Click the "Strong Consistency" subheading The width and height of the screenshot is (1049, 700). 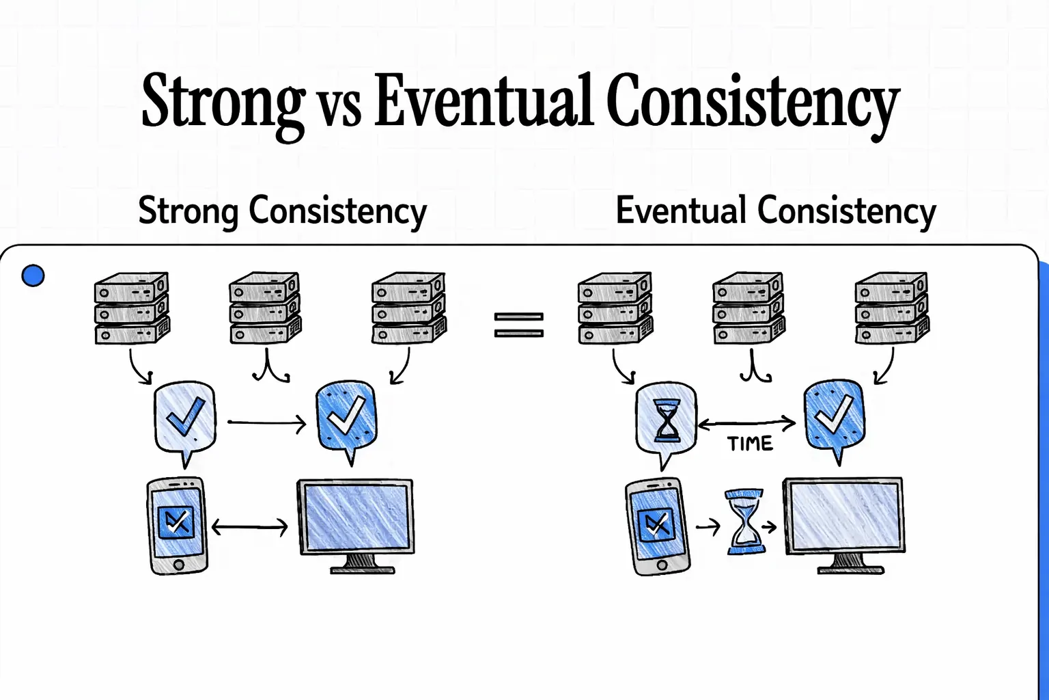point(282,211)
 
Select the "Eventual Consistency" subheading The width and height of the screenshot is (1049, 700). point(776,211)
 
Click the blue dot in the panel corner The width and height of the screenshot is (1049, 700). point(33,275)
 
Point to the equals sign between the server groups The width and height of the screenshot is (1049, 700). point(519,325)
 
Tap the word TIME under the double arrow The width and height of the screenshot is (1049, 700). point(750,444)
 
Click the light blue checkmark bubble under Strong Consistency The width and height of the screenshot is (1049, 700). point(185,418)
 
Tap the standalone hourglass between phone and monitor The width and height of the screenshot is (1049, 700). point(744,522)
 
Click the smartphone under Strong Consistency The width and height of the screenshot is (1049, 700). point(178,525)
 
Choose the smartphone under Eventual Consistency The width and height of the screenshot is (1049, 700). point(657,526)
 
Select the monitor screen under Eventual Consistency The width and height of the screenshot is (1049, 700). point(844,515)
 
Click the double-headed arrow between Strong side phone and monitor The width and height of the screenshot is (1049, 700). point(250,527)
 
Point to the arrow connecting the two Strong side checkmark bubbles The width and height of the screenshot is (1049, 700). point(266,424)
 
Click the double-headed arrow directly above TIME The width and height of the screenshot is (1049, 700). point(747,424)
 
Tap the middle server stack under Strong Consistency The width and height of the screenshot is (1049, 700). point(265,308)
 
